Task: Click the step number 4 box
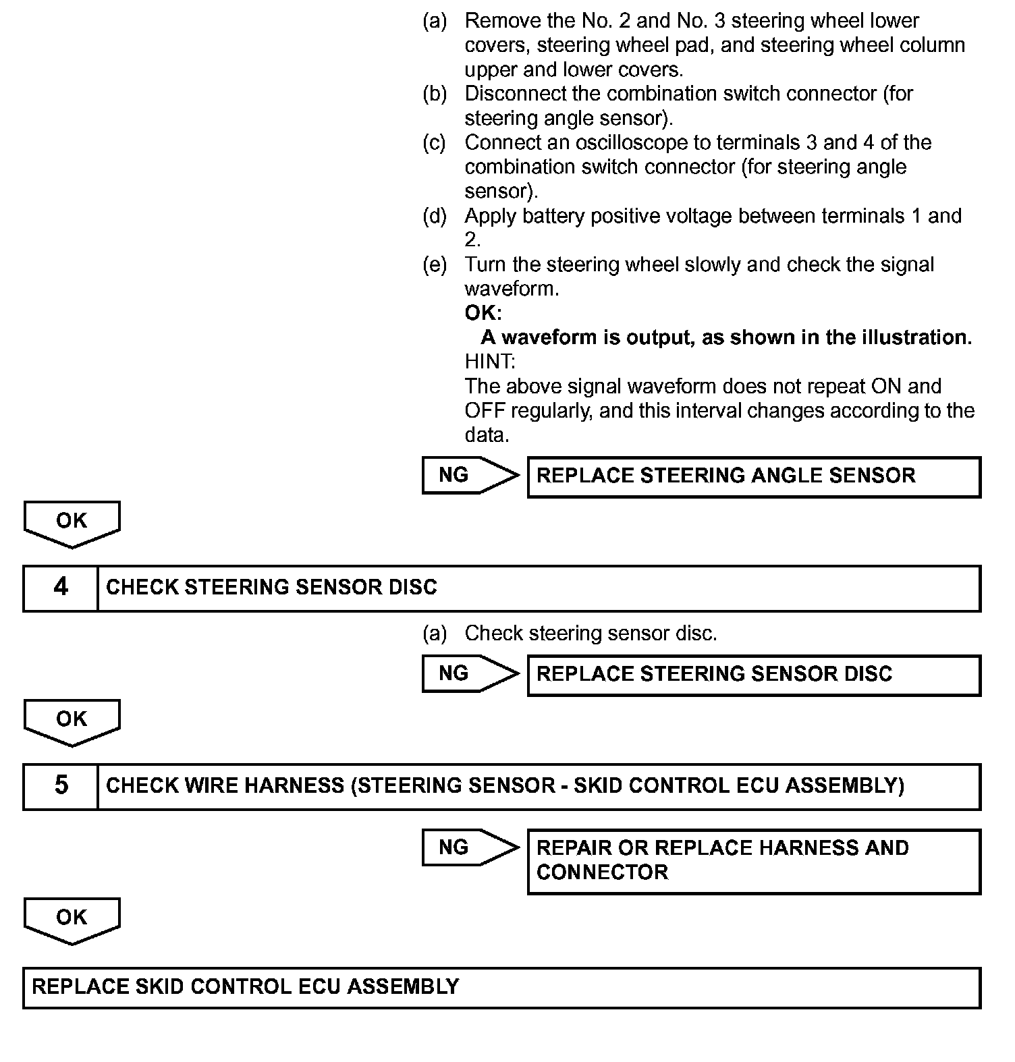[x=61, y=588]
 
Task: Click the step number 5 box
[x=61, y=786]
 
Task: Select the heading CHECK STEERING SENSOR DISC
[x=271, y=588]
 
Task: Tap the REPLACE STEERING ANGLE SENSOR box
[x=753, y=477]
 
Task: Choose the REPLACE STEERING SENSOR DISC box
[x=753, y=675]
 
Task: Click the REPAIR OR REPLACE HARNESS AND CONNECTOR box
[x=753, y=861]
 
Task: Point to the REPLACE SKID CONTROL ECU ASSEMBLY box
[x=501, y=988]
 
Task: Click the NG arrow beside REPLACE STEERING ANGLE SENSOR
[x=470, y=476]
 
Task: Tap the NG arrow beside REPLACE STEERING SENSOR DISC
[x=470, y=673]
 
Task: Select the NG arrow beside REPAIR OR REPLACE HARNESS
[x=470, y=847]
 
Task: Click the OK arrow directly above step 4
[x=72, y=523]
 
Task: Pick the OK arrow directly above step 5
[x=72, y=721]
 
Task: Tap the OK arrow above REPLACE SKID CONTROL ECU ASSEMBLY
[x=72, y=920]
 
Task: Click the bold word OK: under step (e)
[x=483, y=313]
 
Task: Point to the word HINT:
[x=490, y=362]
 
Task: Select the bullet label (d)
[x=435, y=217]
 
